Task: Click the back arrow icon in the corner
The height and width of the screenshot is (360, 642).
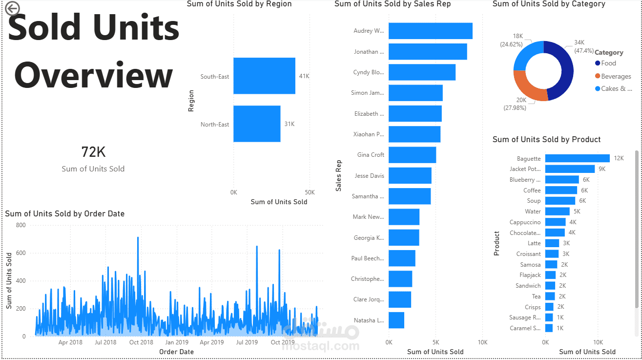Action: (12, 8)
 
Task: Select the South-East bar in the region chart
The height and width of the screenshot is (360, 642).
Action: (264, 76)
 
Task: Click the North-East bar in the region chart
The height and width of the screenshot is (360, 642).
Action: (257, 124)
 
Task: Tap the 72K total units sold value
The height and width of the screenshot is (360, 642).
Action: (93, 152)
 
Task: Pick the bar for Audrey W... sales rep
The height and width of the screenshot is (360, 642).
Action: (430, 31)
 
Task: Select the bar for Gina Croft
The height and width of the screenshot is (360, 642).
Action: (412, 155)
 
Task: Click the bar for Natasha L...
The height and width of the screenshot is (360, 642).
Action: (396, 320)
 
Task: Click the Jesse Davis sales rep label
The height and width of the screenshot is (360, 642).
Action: (369, 176)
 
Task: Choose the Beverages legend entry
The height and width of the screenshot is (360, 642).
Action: (616, 76)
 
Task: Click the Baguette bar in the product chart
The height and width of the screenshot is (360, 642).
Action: (577, 158)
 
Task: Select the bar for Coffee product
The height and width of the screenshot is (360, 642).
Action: (561, 190)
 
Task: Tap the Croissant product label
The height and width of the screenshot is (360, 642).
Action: (528, 254)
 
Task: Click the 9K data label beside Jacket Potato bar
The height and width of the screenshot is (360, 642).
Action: (602, 169)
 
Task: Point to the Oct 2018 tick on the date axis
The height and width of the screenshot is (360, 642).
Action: (141, 342)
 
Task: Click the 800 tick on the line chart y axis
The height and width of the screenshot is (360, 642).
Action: (21, 225)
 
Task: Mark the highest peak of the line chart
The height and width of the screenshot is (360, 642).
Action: (138, 238)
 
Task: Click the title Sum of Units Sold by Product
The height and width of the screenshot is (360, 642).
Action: (546, 140)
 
